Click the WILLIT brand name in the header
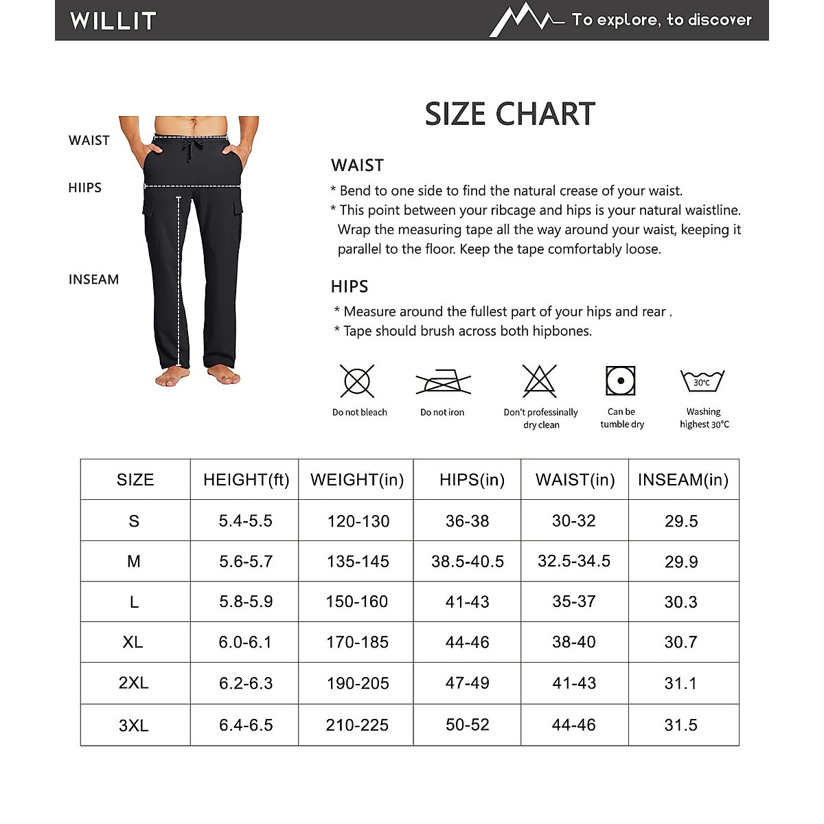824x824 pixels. coord(113,21)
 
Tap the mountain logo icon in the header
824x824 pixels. coord(525,19)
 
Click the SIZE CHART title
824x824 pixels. coord(510,114)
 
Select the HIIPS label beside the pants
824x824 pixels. coord(84,187)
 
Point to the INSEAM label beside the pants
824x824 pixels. coord(93,279)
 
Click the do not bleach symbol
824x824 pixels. coord(357,381)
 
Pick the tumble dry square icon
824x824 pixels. coord(621,380)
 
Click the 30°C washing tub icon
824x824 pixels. coord(702,381)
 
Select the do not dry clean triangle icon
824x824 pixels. coord(540,380)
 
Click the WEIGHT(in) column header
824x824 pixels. coord(357,480)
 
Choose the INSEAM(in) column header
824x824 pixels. coord(683,480)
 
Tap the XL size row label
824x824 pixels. coord(133,642)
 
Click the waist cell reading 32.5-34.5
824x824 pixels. coord(574,561)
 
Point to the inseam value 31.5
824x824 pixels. coord(680,725)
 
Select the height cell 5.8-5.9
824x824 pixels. coord(246,602)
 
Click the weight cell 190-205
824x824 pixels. coord(358,683)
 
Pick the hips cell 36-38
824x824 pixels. coord(468,521)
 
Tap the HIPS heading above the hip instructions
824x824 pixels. coord(350,286)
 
